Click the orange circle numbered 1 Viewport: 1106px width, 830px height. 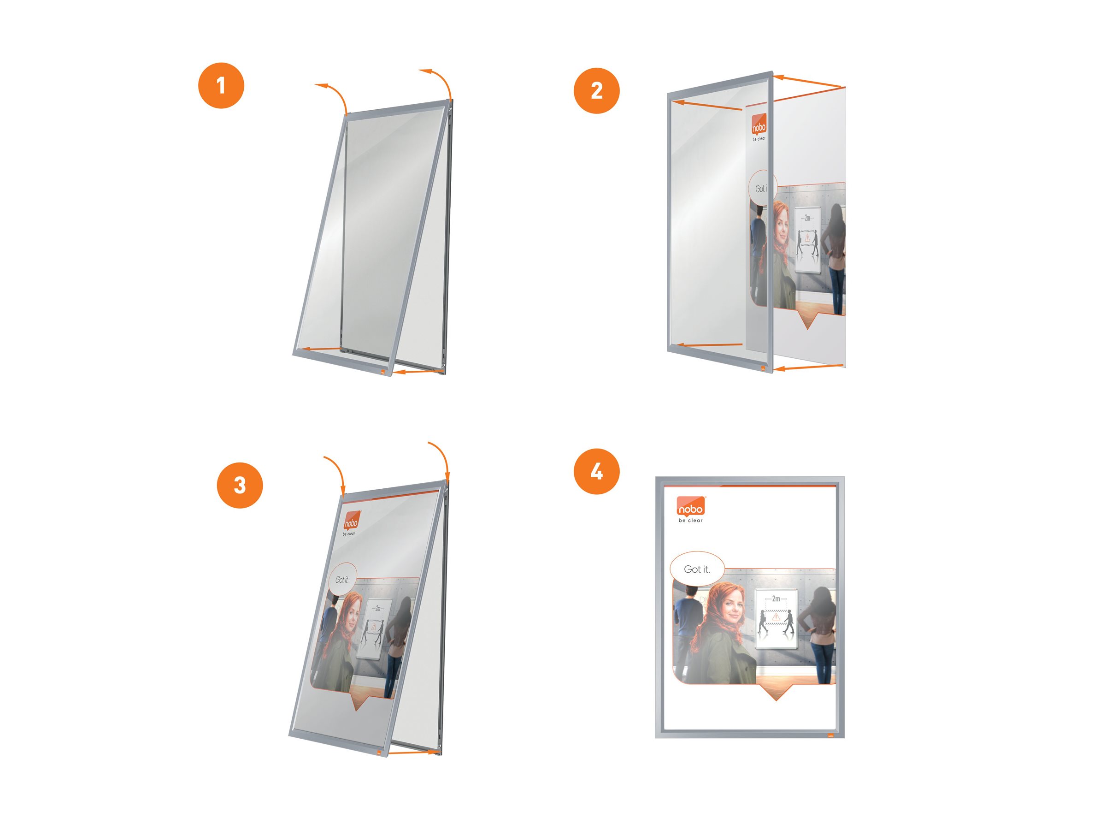[221, 86]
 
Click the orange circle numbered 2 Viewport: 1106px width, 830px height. [596, 90]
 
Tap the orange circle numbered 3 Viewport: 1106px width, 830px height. [240, 485]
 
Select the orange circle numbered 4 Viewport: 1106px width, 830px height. [596, 471]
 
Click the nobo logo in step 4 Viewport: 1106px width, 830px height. [690, 507]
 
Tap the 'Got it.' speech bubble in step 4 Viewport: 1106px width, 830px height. [696, 569]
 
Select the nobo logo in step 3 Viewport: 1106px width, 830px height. [351, 522]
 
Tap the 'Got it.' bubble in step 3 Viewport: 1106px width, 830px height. [342, 579]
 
